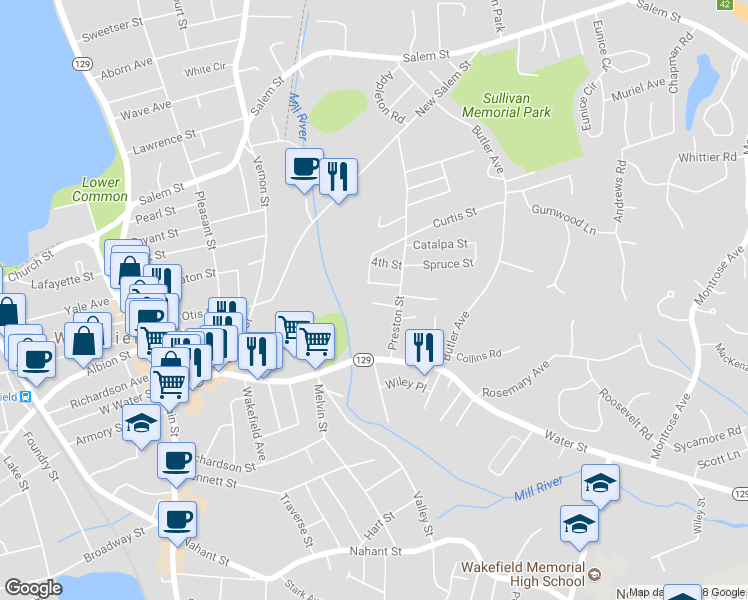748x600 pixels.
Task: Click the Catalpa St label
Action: pyautogui.click(x=440, y=244)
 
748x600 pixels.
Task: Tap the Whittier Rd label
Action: pyautogui.click(x=707, y=158)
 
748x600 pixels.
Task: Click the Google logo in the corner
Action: pyautogui.click(x=33, y=588)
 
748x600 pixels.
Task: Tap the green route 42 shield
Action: pyautogui.click(x=723, y=5)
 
